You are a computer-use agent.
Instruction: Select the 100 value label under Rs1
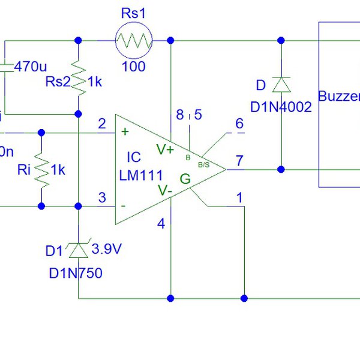click(133, 66)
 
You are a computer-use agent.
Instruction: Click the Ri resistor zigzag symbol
click(41, 170)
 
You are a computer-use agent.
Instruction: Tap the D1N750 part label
click(76, 274)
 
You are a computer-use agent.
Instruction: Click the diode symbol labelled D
click(280, 85)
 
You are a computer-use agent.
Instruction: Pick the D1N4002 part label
click(281, 107)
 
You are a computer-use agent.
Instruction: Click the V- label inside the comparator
click(165, 190)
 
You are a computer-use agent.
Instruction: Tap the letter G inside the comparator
click(185, 178)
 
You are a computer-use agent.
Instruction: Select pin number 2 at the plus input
click(101, 124)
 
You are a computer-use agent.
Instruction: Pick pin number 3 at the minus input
click(101, 197)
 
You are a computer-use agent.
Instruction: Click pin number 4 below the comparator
click(160, 224)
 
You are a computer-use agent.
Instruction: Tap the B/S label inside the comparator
click(203, 164)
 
